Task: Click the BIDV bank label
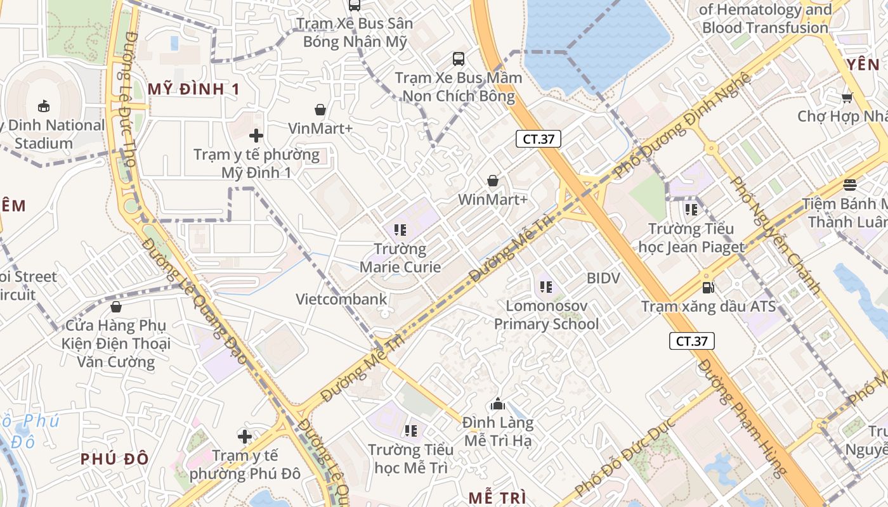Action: [x=603, y=278]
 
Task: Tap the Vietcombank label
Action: [x=341, y=299]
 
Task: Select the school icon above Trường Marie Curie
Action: [x=400, y=229]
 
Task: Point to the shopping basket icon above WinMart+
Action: [x=493, y=181]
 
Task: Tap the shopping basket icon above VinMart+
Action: [x=320, y=110]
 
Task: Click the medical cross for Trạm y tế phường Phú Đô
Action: [x=245, y=436]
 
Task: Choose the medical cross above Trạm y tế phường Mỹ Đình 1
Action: [x=256, y=136]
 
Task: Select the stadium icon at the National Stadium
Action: [x=44, y=106]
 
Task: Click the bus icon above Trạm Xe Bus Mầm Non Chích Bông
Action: [x=459, y=59]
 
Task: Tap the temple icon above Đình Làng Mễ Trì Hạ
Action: [x=498, y=404]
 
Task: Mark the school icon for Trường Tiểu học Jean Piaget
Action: [x=691, y=209]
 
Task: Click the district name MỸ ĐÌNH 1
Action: [x=194, y=89]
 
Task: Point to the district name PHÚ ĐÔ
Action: [x=115, y=459]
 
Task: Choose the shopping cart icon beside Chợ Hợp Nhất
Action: [x=847, y=98]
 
